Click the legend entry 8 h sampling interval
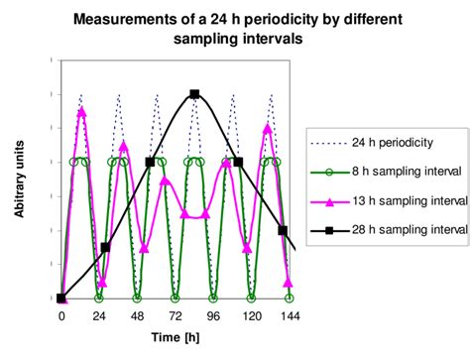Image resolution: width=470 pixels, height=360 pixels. click(x=407, y=172)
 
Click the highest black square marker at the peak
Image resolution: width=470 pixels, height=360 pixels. click(x=194, y=94)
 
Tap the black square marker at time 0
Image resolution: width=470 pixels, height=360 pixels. click(x=61, y=298)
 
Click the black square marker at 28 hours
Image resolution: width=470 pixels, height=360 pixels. click(x=105, y=247)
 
